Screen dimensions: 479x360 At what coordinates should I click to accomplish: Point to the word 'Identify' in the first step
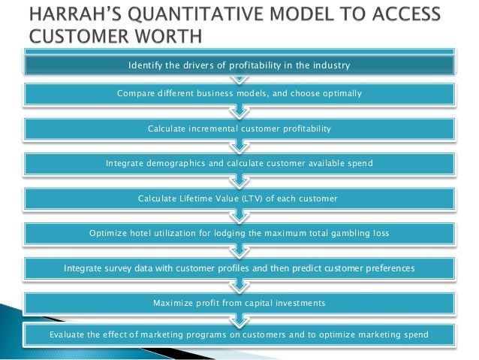(146, 66)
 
